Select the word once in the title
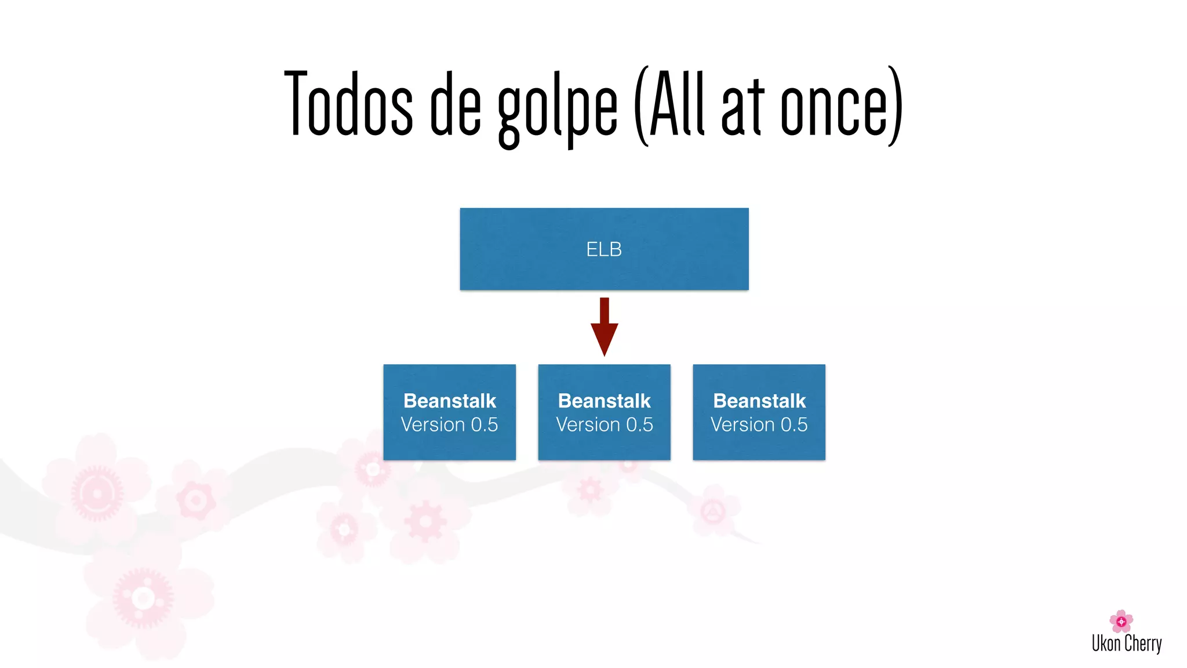835,107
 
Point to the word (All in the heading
669,104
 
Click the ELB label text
604,249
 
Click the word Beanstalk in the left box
449,401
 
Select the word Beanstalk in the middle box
604,401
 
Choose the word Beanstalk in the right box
759,401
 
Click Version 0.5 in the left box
449,424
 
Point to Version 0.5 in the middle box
604,424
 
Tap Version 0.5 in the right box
759,424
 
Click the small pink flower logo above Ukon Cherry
1121,621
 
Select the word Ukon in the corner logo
1106,643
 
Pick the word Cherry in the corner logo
1143,644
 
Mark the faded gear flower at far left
97,493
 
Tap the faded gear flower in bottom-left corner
143,598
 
